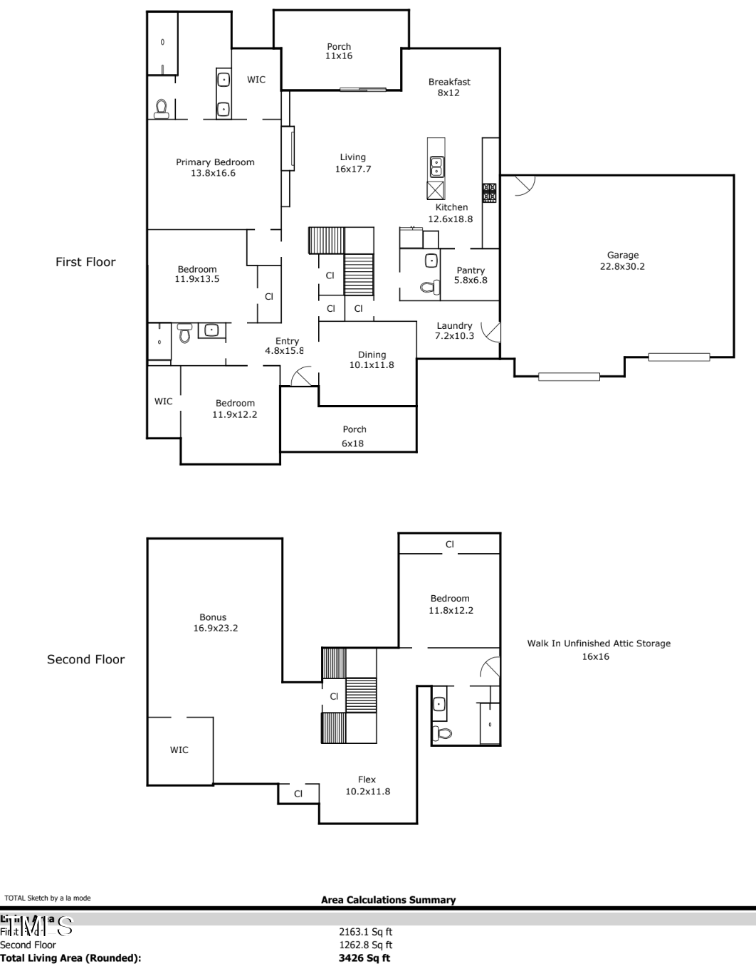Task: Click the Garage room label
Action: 622,261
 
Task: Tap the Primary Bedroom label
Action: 215,167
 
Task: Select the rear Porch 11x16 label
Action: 339,51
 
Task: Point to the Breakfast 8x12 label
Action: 449,87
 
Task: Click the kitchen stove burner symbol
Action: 490,192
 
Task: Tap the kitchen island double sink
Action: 436,167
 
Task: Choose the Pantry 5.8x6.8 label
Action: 471,275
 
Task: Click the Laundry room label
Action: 454,330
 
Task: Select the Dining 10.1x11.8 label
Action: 372,359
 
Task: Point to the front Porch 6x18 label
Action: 354,436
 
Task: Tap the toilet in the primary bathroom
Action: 162,108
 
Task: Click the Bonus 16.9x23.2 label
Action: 214,623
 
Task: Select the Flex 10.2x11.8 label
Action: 367,785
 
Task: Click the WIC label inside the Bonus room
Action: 179,750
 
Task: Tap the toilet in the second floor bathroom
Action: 443,733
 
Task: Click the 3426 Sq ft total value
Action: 364,958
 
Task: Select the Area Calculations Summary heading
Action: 388,900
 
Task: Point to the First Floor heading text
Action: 85,262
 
